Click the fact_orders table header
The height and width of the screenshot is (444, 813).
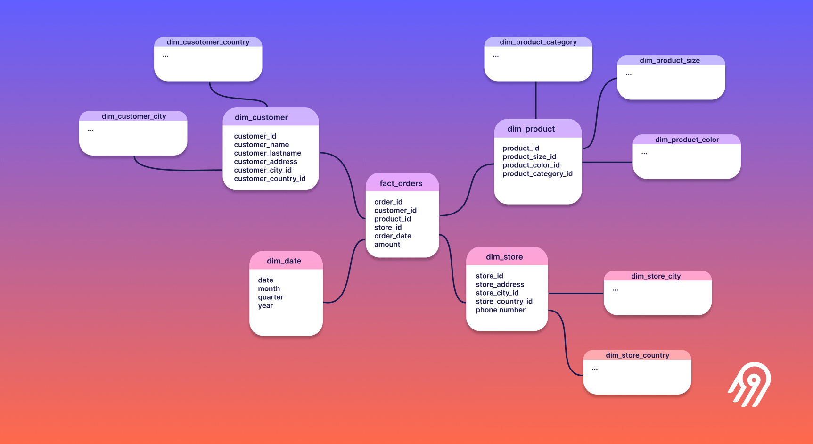click(401, 183)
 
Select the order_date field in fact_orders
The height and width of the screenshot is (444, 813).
click(393, 236)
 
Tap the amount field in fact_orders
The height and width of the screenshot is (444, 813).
click(387, 244)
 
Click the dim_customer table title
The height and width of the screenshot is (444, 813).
click(261, 117)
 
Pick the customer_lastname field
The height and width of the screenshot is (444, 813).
click(267, 153)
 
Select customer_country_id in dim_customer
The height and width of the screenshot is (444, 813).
click(270, 179)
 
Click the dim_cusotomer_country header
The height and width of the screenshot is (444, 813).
click(208, 42)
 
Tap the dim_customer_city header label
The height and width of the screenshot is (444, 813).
click(134, 116)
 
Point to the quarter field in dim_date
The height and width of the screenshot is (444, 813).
click(271, 297)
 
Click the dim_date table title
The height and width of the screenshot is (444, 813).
click(284, 261)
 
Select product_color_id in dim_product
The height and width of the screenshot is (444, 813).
click(531, 165)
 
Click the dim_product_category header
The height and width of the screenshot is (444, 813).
click(538, 42)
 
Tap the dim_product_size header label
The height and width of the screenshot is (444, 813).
click(669, 60)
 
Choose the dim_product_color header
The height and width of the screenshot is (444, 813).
click(687, 140)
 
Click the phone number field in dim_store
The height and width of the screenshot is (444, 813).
click(500, 310)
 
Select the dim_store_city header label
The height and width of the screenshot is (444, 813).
click(656, 276)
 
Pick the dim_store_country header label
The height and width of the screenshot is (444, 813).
click(637, 355)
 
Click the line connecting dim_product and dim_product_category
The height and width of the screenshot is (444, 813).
click(536, 100)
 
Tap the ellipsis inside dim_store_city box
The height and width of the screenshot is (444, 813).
click(615, 290)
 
